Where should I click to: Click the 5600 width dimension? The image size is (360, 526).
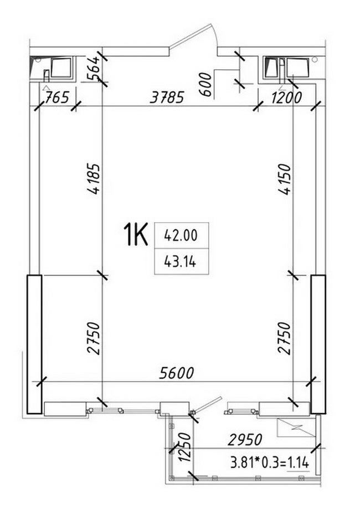pyautogui.click(x=177, y=373)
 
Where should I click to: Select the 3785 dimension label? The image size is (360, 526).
pyautogui.click(x=167, y=97)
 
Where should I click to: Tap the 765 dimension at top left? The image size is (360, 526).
pyautogui.click(x=56, y=97)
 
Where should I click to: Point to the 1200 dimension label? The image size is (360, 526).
pyautogui.click(x=286, y=97)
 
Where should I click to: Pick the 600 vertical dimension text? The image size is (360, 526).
pyautogui.click(x=206, y=85)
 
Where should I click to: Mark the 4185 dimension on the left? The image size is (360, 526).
pyautogui.click(x=93, y=179)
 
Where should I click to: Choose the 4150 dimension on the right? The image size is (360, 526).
pyautogui.click(x=284, y=179)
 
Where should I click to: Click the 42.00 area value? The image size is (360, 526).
pyautogui.click(x=181, y=235)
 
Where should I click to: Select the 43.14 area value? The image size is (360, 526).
pyautogui.click(x=180, y=261)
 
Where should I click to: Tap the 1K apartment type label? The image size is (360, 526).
pyautogui.click(x=136, y=235)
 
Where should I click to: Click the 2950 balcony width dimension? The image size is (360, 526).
pyautogui.click(x=245, y=440)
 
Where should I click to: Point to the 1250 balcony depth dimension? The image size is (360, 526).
pyautogui.click(x=185, y=447)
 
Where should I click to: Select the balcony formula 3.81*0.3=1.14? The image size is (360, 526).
pyautogui.click(x=269, y=463)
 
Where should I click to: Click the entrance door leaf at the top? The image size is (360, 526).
pyautogui.click(x=190, y=37)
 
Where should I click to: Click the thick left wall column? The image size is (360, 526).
pyautogui.click(x=34, y=344)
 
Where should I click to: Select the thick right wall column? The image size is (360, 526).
pyautogui.click(x=318, y=344)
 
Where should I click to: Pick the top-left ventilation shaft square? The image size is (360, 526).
pyautogui.click(x=61, y=68)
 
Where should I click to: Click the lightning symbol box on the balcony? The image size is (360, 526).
pyautogui.click(x=296, y=427)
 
